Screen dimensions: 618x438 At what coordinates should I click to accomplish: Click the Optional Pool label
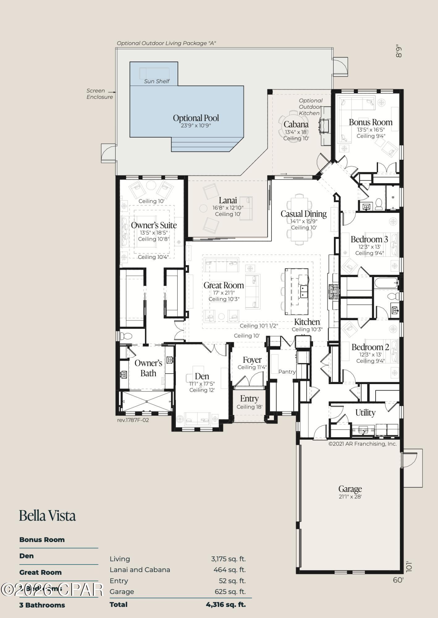[196, 118]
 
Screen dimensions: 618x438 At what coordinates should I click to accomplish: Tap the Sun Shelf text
[157, 81]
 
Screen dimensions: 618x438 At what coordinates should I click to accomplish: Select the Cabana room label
[296, 124]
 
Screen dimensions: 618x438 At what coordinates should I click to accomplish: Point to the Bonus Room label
[370, 122]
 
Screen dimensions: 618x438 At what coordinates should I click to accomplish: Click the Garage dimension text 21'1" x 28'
[350, 497]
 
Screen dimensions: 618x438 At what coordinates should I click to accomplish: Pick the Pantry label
[287, 372]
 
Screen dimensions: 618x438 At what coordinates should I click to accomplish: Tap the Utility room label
[365, 413]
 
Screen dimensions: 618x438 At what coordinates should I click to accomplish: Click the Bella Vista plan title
[47, 515]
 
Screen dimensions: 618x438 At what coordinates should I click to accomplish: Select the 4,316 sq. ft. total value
[226, 604]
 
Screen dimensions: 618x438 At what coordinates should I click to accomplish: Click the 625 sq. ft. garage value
[230, 591]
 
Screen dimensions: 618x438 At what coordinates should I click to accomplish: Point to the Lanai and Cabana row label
[140, 569]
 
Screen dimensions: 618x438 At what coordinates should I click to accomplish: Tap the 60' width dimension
[398, 580]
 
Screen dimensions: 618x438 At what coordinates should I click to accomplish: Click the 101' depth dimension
[409, 566]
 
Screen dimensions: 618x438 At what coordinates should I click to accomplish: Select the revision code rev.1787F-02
[133, 420]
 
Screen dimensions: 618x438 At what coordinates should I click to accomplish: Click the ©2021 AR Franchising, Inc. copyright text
[362, 444]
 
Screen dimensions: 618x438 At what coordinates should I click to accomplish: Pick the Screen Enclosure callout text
[99, 94]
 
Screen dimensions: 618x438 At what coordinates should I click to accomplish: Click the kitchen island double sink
[304, 291]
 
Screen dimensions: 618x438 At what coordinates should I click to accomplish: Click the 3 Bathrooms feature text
[42, 605]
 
